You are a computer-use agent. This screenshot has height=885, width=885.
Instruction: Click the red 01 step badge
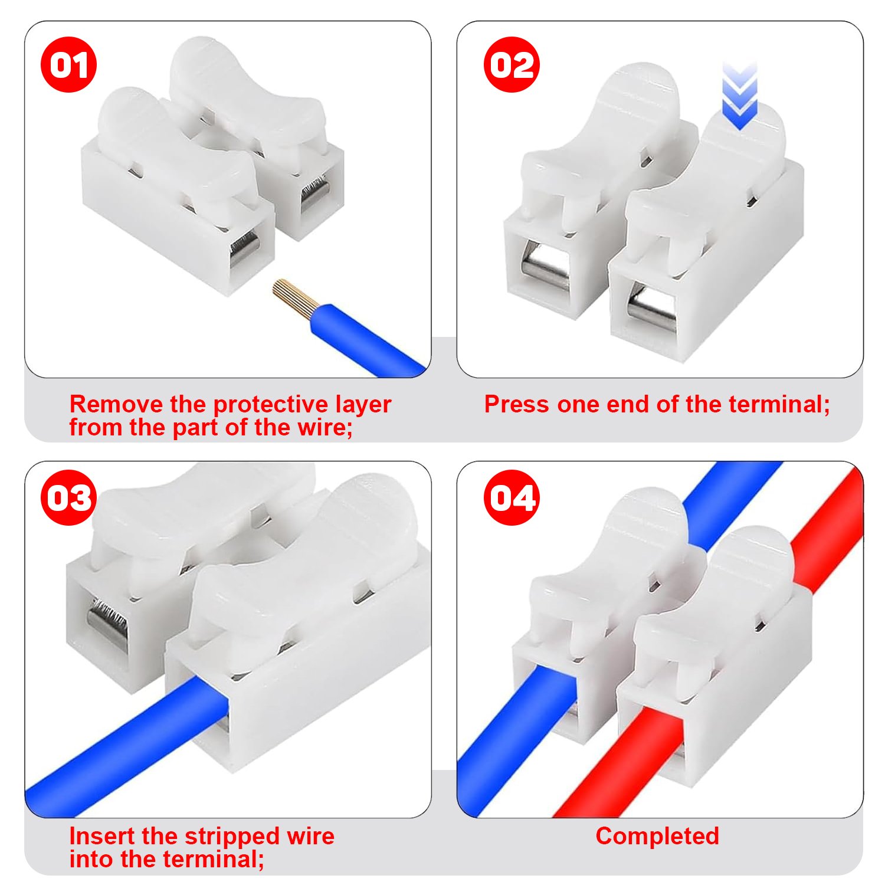click(68, 64)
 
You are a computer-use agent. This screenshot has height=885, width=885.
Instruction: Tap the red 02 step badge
click(512, 64)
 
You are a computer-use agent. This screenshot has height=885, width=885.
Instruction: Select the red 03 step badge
click(68, 497)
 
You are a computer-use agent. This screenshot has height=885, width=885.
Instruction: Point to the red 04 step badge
click(512, 497)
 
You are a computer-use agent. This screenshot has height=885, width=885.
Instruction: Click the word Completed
click(657, 836)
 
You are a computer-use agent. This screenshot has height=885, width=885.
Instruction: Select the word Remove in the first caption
click(116, 404)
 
